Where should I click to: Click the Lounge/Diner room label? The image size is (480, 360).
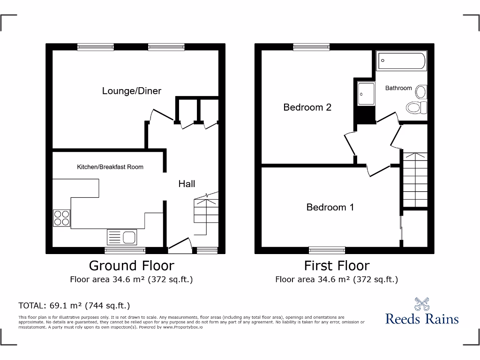pyautogui.click(x=132, y=91)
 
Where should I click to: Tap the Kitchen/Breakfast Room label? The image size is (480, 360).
pyautogui.click(x=110, y=167)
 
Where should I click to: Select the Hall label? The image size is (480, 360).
pyautogui.click(x=187, y=184)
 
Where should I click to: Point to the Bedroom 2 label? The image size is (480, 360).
pyautogui.click(x=307, y=107)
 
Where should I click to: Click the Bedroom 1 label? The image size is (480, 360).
pyautogui.click(x=330, y=207)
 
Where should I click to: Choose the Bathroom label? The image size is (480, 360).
pyautogui.click(x=398, y=88)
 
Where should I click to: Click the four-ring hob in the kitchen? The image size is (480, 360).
pyautogui.click(x=61, y=217)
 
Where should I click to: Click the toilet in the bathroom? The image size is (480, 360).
pyautogui.click(x=416, y=107)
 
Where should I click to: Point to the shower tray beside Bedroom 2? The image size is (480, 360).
pyautogui.click(x=366, y=95)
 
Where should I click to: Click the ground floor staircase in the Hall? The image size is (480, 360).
pyautogui.click(x=206, y=213)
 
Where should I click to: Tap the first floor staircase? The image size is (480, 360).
pyautogui.click(x=415, y=180)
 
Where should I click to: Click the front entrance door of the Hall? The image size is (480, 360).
pyautogui.click(x=180, y=244)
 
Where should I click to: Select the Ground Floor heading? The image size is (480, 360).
pyautogui.click(x=131, y=266)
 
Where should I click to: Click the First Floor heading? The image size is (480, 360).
pyautogui.click(x=337, y=266)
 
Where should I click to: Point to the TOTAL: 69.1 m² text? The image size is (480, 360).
pyautogui.click(x=74, y=306)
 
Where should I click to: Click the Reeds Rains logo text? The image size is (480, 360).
pyautogui.click(x=422, y=319)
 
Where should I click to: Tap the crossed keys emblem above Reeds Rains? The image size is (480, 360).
pyautogui.click(x=422, y=304)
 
